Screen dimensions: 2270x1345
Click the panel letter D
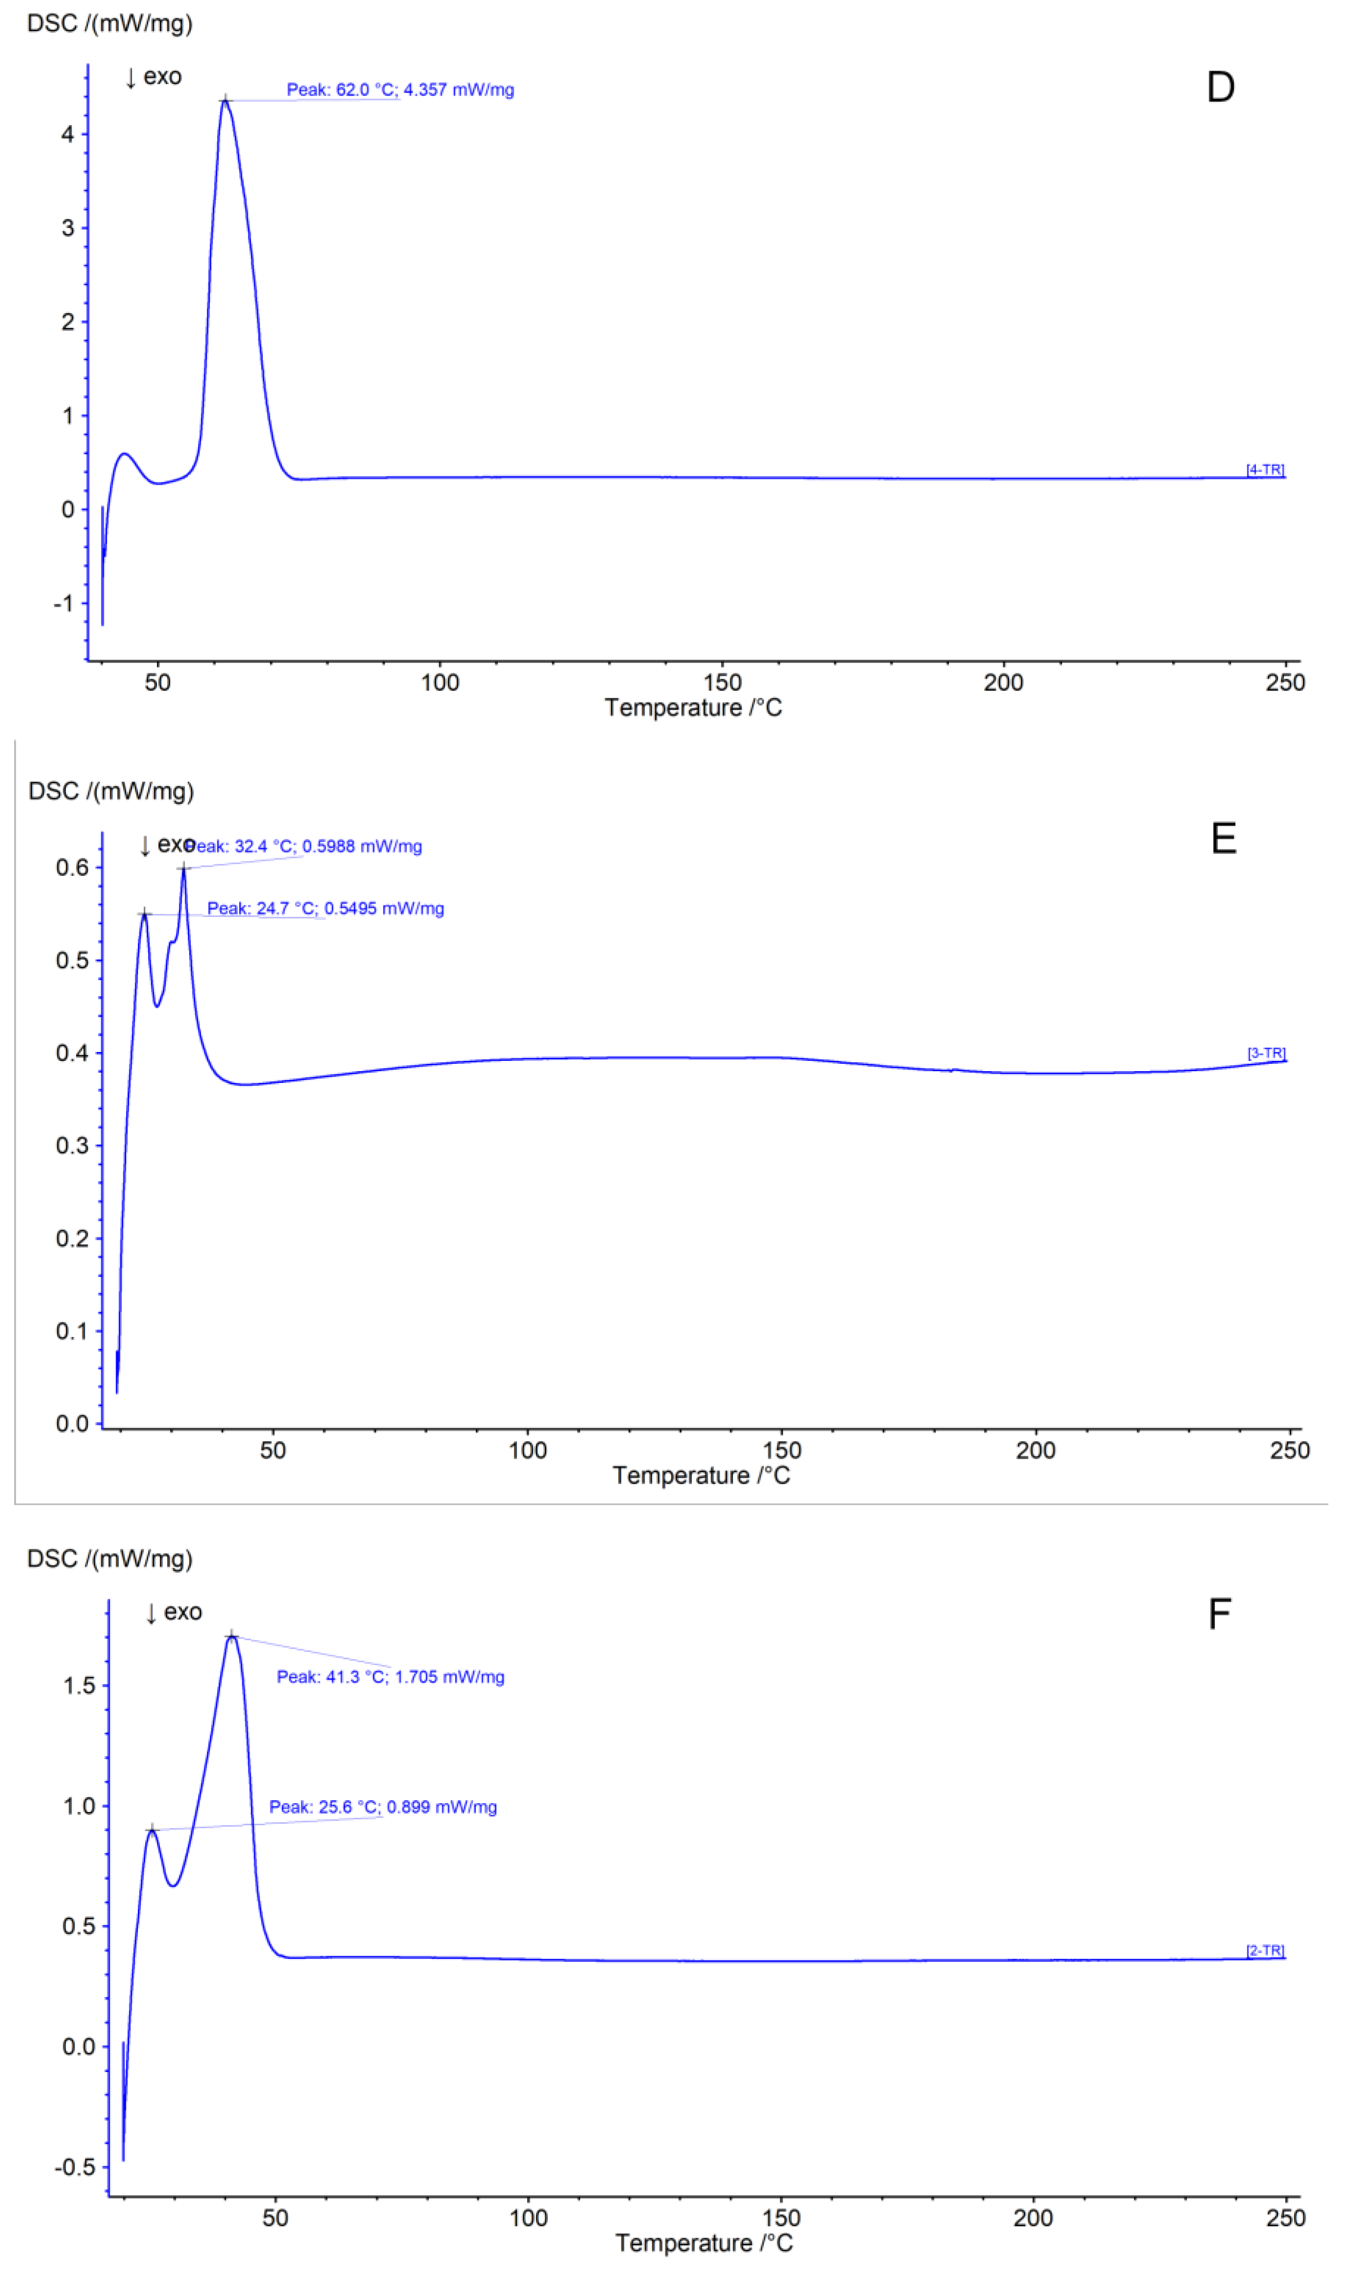click(x=1220, y=87)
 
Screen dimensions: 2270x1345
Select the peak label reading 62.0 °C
click(x=400, y=90)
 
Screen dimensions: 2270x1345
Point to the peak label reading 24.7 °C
click(x=325, y=908)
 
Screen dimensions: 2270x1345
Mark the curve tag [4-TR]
click(x=1264, y=470)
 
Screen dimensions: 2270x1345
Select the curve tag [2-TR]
click(x=1264, y=1951)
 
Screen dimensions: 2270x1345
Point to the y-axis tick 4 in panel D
click(x=68, y=134)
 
